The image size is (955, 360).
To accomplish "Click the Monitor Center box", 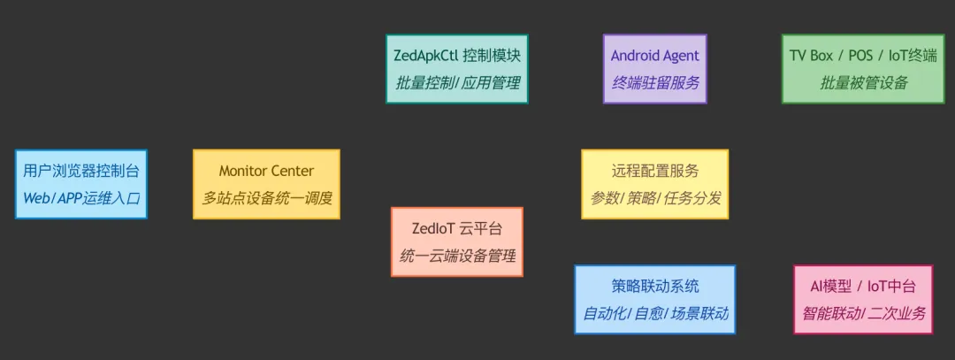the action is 266,184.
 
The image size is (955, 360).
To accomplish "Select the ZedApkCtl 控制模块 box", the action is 457,69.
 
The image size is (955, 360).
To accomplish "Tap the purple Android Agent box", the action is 654,69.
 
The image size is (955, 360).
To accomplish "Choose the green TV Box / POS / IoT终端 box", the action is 863,69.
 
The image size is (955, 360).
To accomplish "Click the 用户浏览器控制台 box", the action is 81,184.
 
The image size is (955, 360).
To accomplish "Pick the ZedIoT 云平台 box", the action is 457,241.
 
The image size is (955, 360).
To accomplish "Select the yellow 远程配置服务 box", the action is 654,184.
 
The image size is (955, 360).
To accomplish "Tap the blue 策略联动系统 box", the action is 654,299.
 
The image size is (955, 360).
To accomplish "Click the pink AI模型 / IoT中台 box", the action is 863,299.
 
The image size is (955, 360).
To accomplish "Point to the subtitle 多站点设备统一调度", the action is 266,198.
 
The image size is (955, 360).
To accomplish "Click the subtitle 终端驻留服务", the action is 654,83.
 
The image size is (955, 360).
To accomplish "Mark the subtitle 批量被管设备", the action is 863,83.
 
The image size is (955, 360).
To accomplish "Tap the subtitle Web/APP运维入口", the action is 81,198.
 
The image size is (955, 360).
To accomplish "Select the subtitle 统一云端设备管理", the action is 457,257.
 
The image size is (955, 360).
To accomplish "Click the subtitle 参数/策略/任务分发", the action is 654,198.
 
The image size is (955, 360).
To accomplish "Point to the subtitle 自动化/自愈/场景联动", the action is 654,313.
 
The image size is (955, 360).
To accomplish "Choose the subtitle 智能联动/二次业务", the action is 863,313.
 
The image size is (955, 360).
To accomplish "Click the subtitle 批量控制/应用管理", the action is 457,83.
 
